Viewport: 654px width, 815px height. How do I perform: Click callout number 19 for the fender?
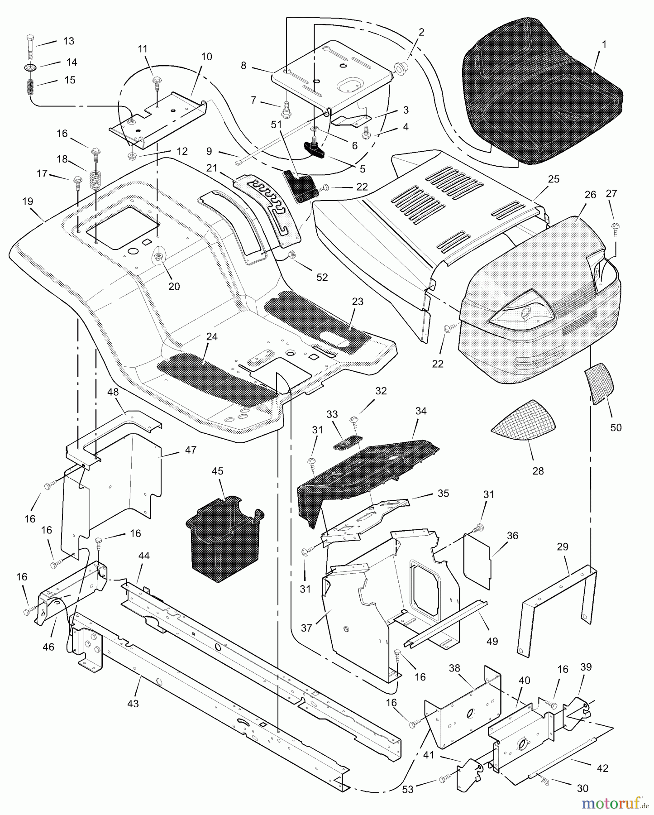coord(28,201)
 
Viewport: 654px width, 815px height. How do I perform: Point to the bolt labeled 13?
coord(30,46)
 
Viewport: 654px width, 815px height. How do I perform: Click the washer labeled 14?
coord(30,67)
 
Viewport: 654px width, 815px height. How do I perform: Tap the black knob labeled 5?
coord(315,149)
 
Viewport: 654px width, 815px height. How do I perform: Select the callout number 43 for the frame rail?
coord(133,704)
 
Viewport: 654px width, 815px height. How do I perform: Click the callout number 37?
coord(306,628)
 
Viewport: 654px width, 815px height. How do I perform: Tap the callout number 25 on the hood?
coord(553,179)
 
